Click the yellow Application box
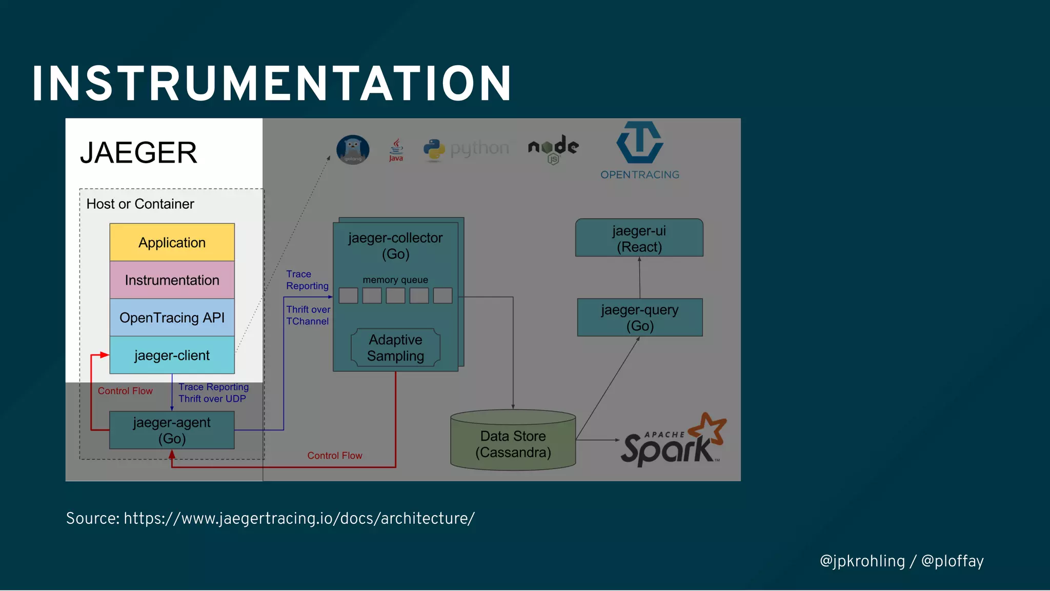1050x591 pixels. pos(172,242)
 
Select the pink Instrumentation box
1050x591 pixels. pos(172,280)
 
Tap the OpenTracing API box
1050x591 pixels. pos(172,318)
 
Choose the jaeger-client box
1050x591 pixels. pos(172,355)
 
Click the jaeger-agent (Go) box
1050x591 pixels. pos(172,430)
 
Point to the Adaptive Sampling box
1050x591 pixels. pos(395,348)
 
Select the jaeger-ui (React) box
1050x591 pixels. pos(639,238)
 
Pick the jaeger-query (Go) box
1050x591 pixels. pos(639,318)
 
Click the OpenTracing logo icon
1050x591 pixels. pos(639,142)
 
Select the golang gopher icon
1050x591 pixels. pos(353,149)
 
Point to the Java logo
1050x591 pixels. pos(396,150)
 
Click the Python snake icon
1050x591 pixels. pos(434,150)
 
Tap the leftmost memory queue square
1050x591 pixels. pos(348,295)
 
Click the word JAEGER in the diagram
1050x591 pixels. pos(138,152)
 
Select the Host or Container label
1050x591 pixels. pos(140,204)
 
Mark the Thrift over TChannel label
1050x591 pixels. pos(308,315)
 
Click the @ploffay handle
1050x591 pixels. pos(952,561)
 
